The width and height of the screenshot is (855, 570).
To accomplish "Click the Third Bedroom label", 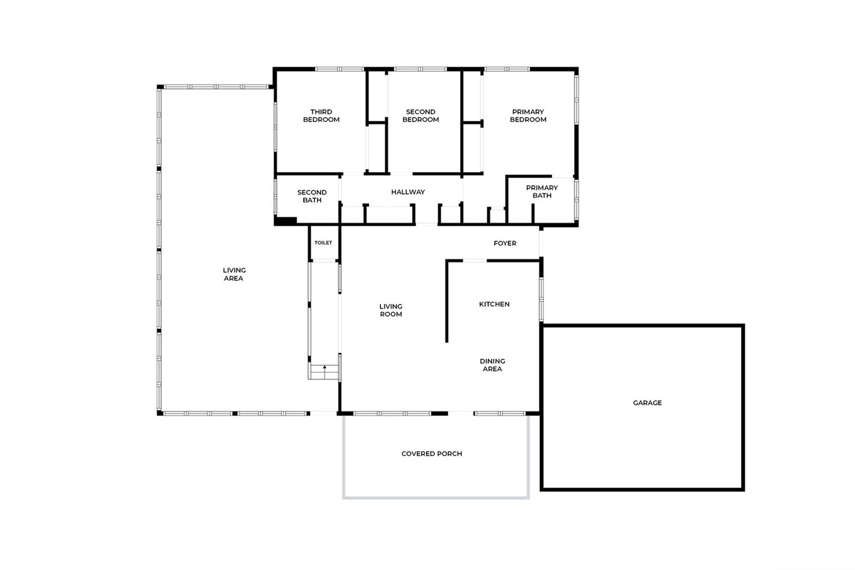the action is click(321, 115).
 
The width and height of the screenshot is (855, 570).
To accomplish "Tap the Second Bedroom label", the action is click(421, 115).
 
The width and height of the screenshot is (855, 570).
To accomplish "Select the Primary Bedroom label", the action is click(528, 115).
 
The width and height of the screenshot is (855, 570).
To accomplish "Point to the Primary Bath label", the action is click(542, 192).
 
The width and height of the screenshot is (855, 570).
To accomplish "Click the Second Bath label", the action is click(312, 196).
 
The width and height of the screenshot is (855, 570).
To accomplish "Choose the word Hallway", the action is click(408, 192).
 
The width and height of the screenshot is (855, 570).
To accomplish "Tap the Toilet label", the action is click(323, 243).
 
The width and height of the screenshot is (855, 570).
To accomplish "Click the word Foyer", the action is click(504, 243).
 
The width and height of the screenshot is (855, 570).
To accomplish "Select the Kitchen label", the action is click(494, 304).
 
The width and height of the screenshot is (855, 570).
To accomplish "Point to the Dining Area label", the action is click(492, 365).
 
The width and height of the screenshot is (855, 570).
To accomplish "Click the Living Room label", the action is click(391, 311).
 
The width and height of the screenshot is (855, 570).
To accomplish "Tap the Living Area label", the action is click(234, 274).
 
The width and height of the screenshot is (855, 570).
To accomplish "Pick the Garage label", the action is click(647, 403).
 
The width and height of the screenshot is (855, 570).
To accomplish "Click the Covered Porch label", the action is click(432, 454).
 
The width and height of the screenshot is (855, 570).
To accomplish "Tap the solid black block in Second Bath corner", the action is click(285, 221).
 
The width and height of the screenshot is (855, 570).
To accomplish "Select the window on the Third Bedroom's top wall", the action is click(340, 69).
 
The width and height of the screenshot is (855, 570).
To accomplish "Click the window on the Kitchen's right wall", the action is click(541, 299).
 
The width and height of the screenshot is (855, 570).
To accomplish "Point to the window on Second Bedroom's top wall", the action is click(420, 69).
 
